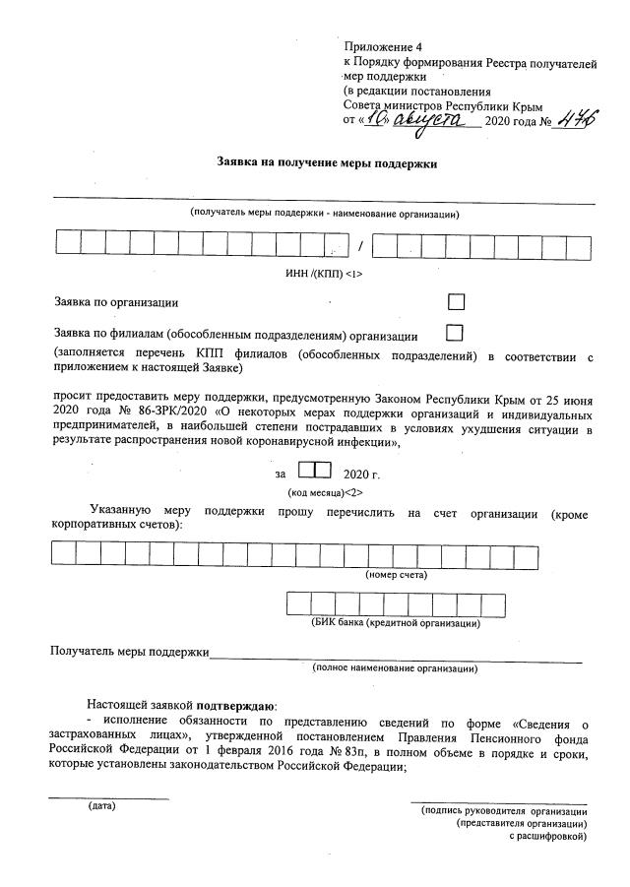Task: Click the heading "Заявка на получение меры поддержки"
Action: click(327, 163)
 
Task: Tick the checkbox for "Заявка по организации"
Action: click(456, 302)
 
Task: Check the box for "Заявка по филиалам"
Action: click(454, 333)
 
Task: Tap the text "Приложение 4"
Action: click(382, 47)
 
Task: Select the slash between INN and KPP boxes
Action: click(360, 245)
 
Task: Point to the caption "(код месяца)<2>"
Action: click(324, 491)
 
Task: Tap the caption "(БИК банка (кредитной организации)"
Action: click(396, 623)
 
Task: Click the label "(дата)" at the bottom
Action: click(101, 806)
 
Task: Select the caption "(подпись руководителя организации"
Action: click(503, 810)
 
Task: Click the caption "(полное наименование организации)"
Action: click(395, 668)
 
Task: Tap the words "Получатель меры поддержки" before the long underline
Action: click(130, 652)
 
